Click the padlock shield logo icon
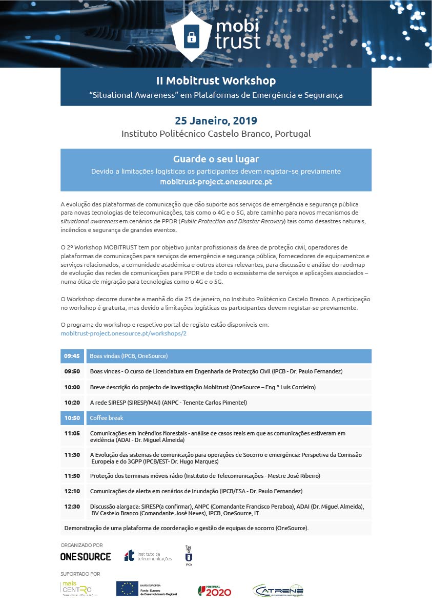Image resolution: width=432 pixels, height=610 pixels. pos(191,34)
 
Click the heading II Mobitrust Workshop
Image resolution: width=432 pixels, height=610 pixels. pos(216,81)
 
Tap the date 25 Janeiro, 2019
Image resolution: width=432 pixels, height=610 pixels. pos(216,121)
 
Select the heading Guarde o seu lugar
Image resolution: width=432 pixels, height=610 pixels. pos(216,159)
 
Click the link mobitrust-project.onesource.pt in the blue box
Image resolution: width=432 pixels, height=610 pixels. pos(216,182)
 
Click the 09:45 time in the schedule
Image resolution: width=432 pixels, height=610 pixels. pos(72,356)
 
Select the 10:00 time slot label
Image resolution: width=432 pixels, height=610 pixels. pos(72,387)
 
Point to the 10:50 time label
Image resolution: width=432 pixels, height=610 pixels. pos(72,418)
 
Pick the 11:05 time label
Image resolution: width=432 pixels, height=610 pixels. pos(72,433)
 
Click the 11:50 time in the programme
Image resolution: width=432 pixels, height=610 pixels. pos(72,476)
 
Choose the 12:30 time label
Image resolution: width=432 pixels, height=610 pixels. pos(72,507)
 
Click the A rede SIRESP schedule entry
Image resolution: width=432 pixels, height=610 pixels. pos(168,403)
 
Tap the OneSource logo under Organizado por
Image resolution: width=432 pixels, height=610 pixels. pos(86,556)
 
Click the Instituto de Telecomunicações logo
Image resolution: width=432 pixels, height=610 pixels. pos(148,556)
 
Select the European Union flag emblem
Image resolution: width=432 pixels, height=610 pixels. pos(127,589)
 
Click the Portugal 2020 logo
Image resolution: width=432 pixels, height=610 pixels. pos(215,591)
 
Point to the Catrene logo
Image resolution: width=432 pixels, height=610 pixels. pos(278,590)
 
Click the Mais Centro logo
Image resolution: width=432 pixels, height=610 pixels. pos(77,588)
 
